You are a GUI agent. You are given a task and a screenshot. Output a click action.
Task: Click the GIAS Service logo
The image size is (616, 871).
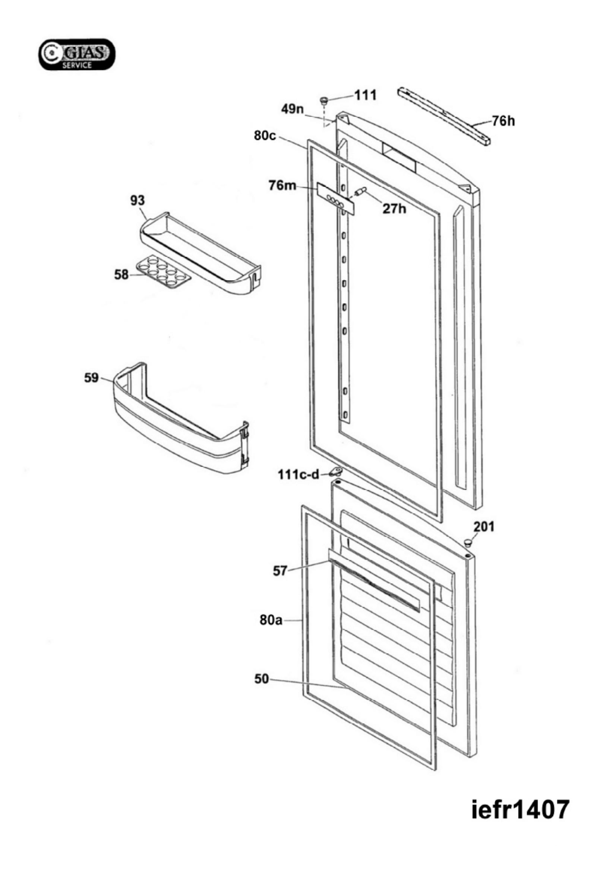point(77,55)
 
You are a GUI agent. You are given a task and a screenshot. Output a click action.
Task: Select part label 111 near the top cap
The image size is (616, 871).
point(365,95)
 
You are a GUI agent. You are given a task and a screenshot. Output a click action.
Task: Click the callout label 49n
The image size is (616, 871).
point(292,109)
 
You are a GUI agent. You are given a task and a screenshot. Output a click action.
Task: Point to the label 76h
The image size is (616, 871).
point(503,121)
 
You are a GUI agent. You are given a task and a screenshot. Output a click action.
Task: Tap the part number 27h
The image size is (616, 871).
point(394,208)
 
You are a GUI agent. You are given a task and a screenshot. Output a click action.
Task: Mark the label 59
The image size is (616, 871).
point(91,378)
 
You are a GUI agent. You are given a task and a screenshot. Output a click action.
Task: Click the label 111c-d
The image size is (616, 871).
point(299,474)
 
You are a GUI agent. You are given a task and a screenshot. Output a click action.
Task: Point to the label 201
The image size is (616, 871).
point(484,527)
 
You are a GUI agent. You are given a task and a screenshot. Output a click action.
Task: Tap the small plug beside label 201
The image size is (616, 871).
point(468,542)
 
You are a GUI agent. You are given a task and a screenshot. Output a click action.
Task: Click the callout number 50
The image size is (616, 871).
point(261,679)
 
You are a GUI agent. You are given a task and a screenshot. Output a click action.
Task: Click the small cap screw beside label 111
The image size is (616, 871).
point(324,101)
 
